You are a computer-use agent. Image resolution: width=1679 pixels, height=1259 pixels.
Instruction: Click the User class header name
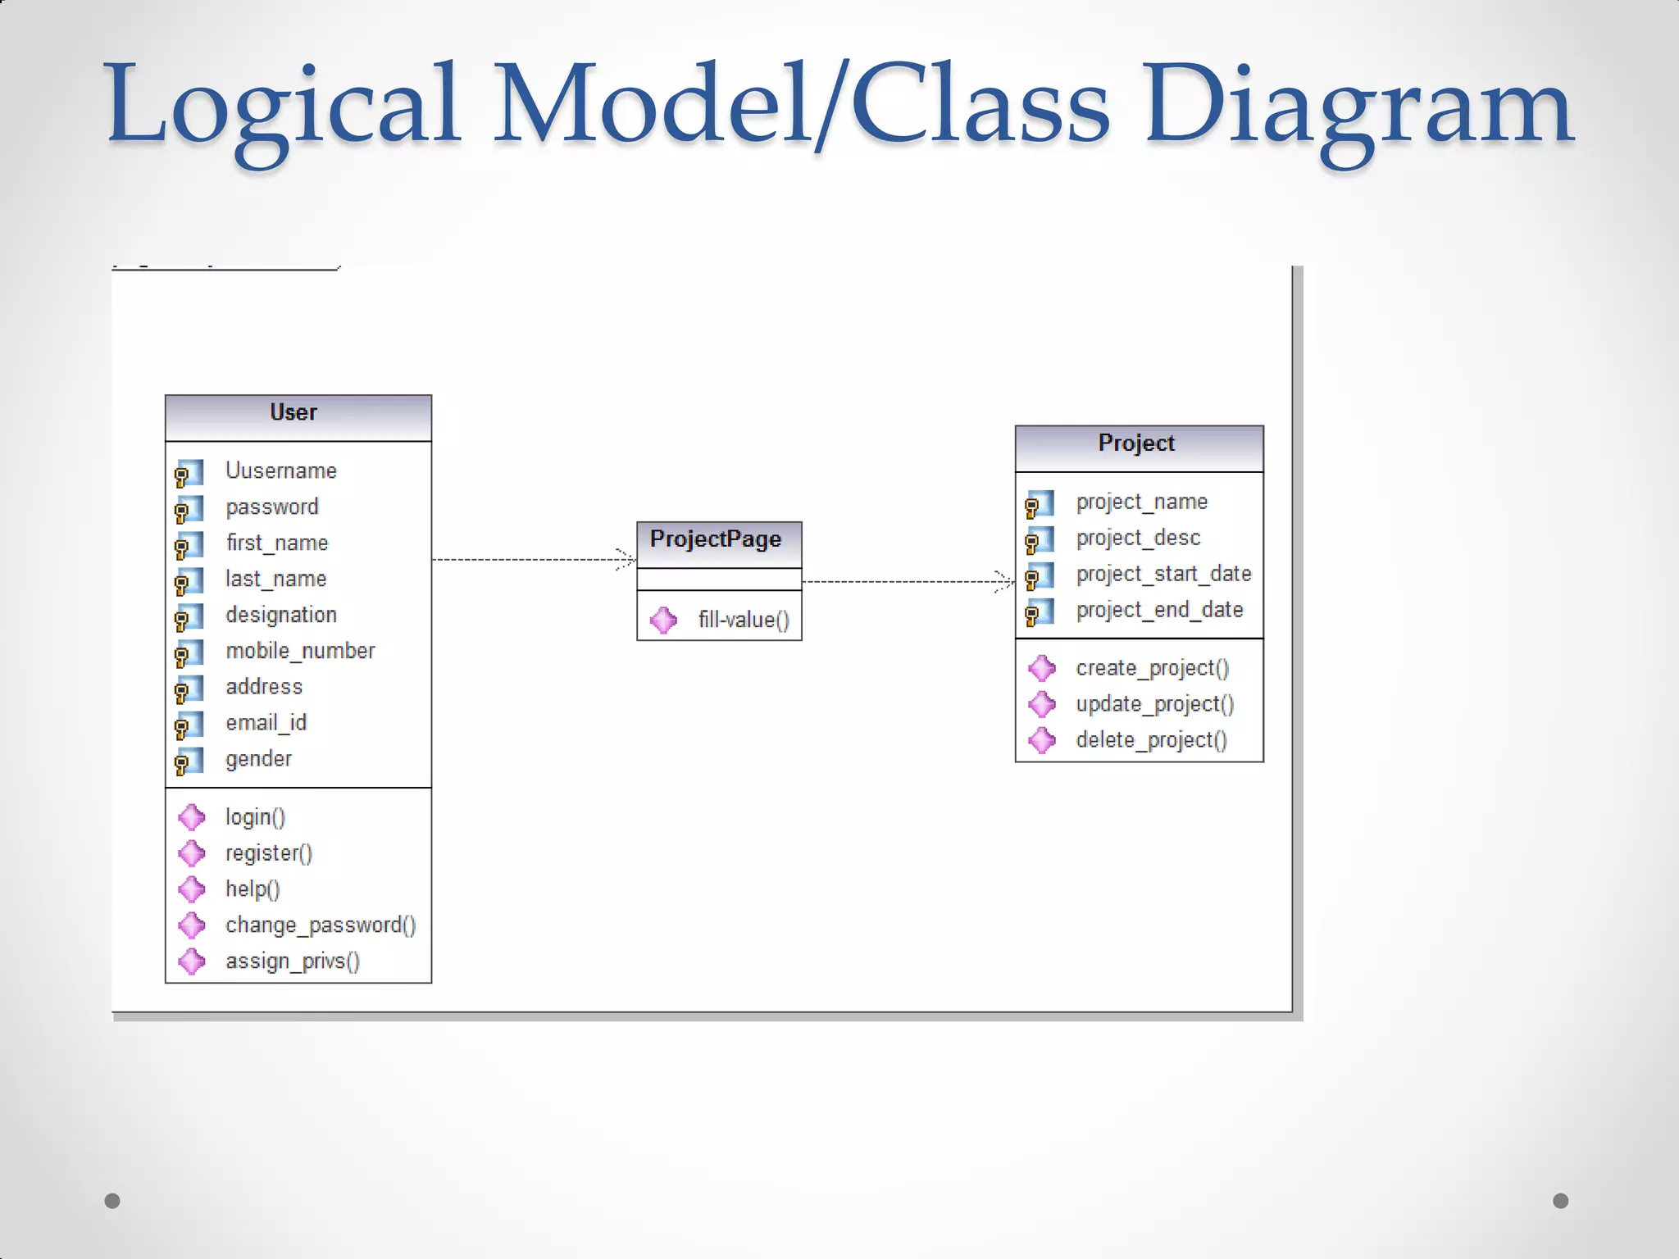pos(293,412)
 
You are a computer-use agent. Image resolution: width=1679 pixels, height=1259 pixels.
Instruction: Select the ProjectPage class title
pos(715,539)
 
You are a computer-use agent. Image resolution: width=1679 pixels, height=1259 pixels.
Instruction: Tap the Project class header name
pos(1136,443)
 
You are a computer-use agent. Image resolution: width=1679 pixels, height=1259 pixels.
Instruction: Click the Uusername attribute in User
pos(281,470)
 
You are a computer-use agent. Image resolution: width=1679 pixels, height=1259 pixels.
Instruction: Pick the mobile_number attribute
pos(300,651)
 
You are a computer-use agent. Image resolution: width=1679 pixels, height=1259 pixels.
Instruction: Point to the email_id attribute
pos(266,723)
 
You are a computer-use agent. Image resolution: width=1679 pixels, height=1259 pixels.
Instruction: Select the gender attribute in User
pos(258,759)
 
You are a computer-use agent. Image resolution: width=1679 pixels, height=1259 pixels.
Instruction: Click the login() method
pos(255,817)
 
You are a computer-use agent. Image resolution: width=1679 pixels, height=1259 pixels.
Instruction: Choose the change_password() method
pos(321,925)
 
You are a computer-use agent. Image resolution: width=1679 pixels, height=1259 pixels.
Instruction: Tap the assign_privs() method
pos(293,961)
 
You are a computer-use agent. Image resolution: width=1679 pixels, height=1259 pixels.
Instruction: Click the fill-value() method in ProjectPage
pos(744,620)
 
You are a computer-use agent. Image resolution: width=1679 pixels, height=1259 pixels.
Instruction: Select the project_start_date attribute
pos(1163,574)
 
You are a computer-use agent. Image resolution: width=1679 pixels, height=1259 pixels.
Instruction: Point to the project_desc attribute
pos(1138,538)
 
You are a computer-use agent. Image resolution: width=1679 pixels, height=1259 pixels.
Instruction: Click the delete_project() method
pos(1151,740)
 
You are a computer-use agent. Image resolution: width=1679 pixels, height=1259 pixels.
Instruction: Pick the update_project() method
pos(1154,704)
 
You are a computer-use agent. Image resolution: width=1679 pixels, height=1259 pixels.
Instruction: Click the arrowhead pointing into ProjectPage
pos(628,560)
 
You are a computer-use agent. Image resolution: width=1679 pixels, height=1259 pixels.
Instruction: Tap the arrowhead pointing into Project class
pos(1006,582)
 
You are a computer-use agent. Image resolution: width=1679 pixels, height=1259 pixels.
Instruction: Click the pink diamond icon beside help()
pos(192,889)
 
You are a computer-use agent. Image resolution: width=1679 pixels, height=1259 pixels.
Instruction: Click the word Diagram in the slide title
pos(1358,107)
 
